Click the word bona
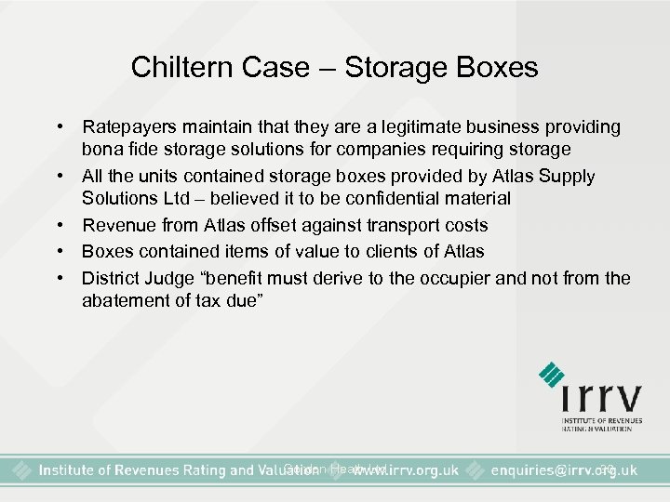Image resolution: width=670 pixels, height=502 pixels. click(100, 150)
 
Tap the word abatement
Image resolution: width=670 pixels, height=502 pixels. click(123, 301)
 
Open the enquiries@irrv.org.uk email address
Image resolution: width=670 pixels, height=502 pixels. click(568, 469)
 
